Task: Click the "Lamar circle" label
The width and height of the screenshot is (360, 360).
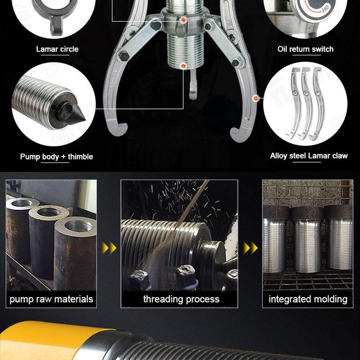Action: (57, 49)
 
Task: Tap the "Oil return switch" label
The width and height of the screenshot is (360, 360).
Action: (306, 49)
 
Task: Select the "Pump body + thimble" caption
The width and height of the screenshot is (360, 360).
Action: (57, 157)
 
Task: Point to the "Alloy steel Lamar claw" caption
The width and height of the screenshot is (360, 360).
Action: (309, 156)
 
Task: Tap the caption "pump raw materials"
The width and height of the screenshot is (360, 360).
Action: (51, 299)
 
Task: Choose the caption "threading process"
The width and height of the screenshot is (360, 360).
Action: (181, 299)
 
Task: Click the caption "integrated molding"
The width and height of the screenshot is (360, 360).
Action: (308, 299)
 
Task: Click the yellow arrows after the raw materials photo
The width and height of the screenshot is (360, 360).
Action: (109, 248)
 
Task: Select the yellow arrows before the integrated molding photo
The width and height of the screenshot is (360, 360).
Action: (250, 248)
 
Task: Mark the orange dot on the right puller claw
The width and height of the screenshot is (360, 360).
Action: (256, 99)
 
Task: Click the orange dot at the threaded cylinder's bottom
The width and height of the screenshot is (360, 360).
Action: (183, 66)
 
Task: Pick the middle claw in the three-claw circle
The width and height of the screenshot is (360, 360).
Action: (306, 103)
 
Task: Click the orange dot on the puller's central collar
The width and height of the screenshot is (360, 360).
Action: (183, 20)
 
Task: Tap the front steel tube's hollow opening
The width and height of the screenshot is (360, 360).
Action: (79, 226)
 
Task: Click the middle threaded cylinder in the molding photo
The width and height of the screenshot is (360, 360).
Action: (307, 240)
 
